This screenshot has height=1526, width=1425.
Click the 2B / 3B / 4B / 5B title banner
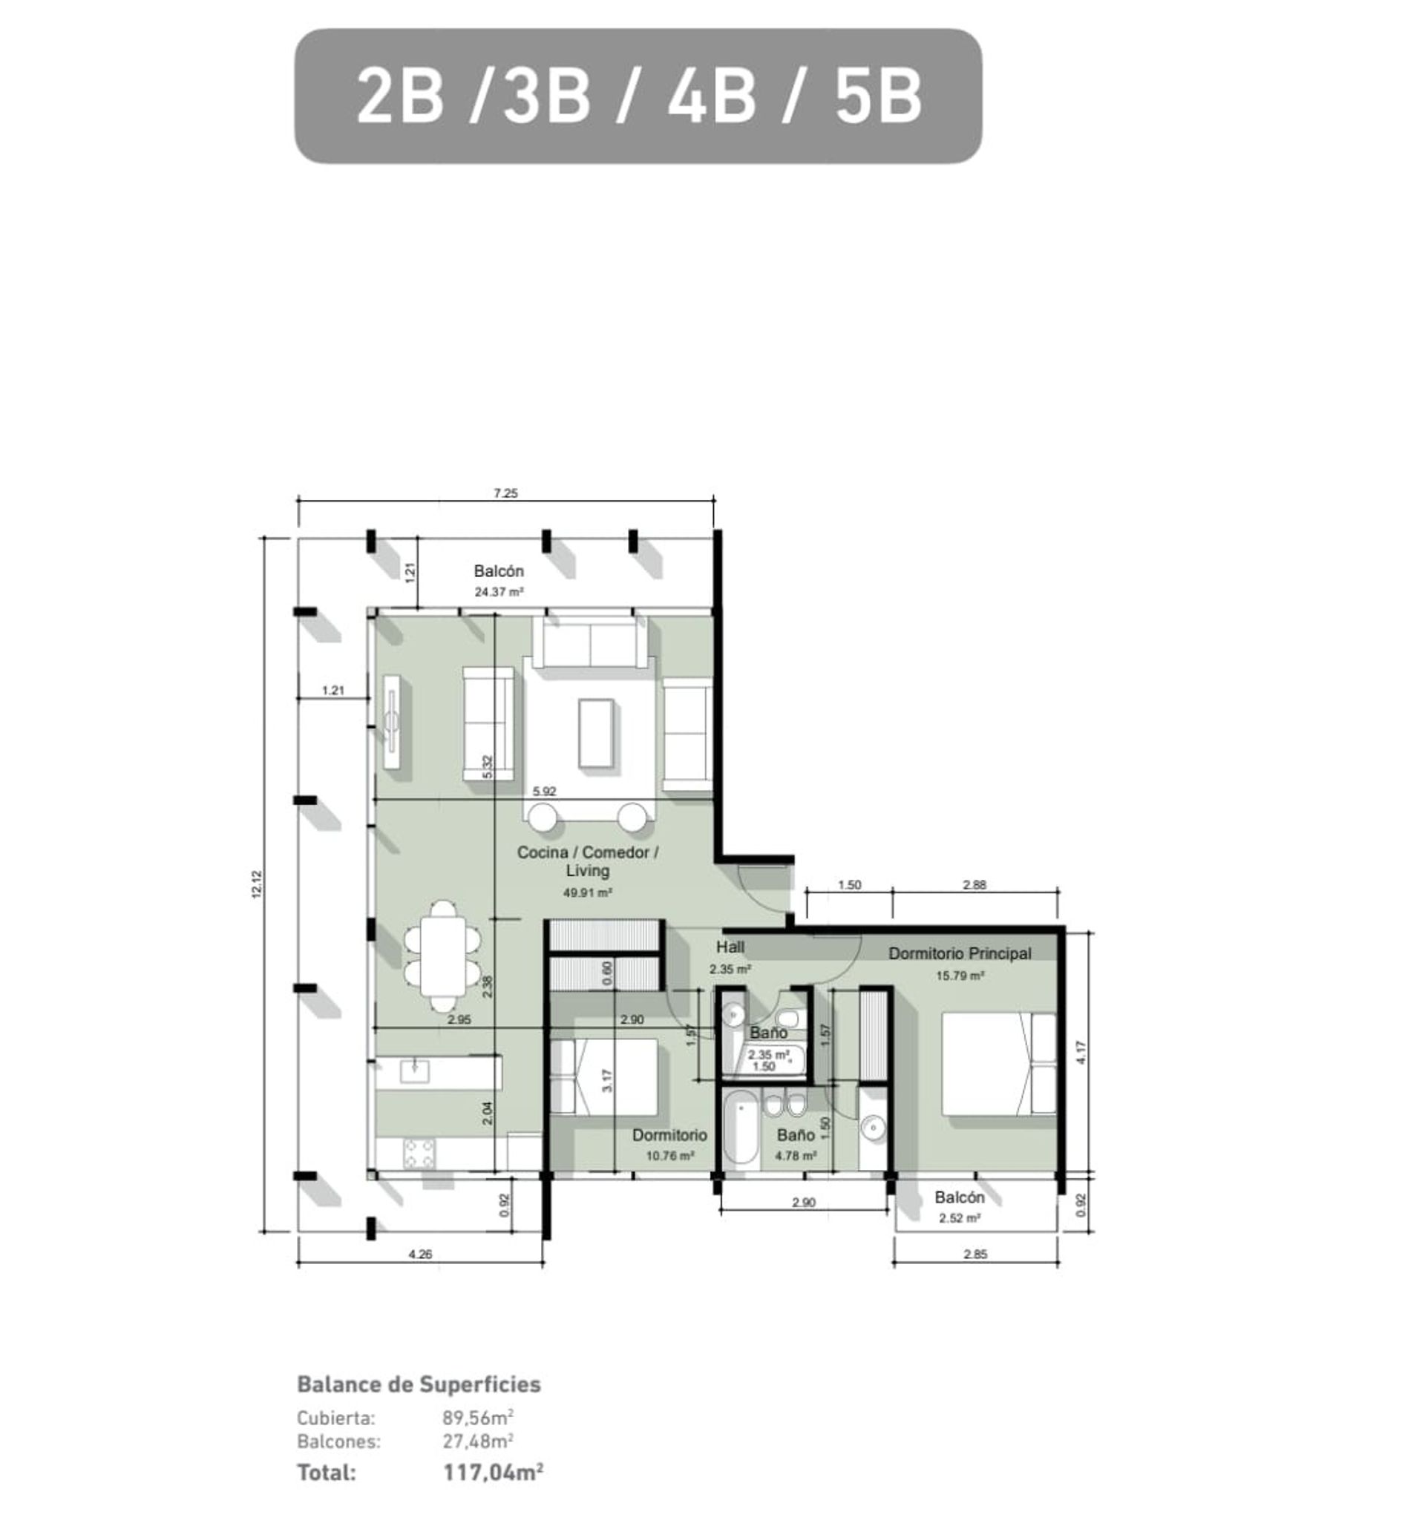pyautogui.click(x=638, y=96)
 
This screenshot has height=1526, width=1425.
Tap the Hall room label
pyautogui.click(x=730, y=947)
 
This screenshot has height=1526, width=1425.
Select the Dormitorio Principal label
pyautogui.click(x=959, y=953)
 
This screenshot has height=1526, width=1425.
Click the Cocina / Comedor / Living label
pyautogui.click(x=587, y=861)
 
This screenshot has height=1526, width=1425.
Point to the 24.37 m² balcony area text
pyautogui.click(x=499, y=592)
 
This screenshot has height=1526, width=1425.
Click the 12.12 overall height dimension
pyautogui.click(x=258, y=884)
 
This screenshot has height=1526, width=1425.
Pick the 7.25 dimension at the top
pyautogui.click(x=505, y=493)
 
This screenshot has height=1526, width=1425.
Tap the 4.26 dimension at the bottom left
pyautogui.click(x=420, y=1254)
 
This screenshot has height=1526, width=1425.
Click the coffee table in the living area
pyautogui.click(x=597, y=732)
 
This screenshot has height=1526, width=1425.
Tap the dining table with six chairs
pyautogui.click(x=443, y=956)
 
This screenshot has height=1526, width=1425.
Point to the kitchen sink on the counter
pyautogui.click(x=415, y=1070)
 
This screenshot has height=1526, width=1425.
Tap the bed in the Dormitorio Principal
pyautogui.click(x=999, y=1063)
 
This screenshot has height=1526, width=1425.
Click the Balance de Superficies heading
pyautogui.click(x=419, y=1384)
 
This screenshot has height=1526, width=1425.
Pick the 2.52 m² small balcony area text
pyautogui.click(x=960, y=1218)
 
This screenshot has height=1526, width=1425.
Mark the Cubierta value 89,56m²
pyautogui.click(x=478, y=1417)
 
